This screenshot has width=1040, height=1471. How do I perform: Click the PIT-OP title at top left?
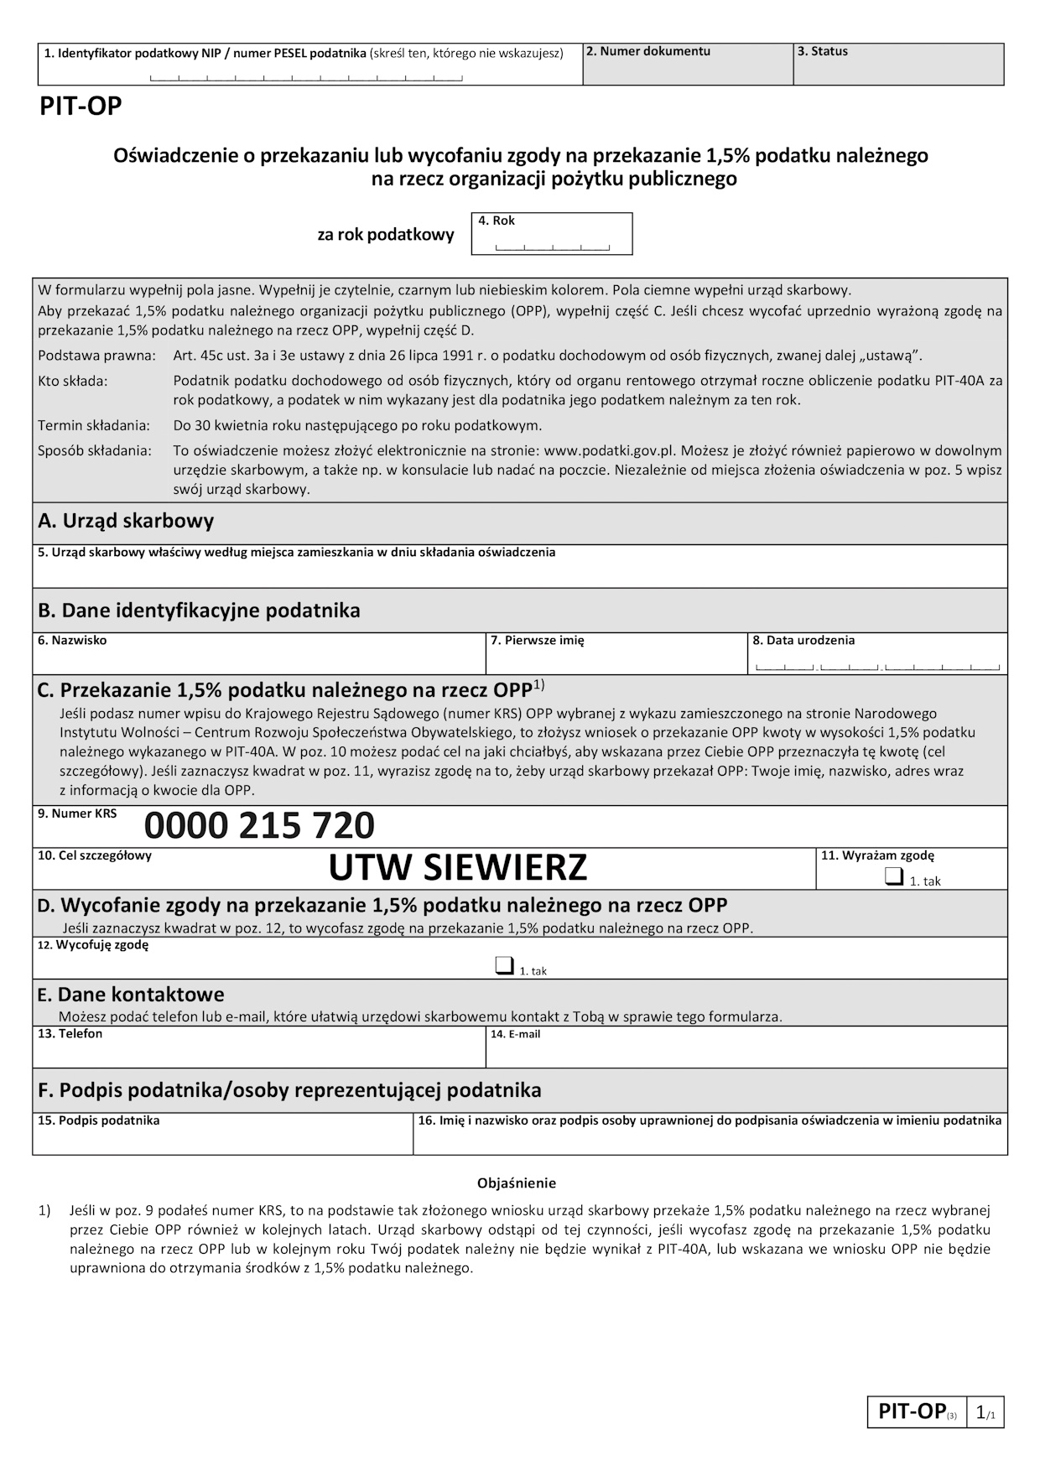pos(81,107)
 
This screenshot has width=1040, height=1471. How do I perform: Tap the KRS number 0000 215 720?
pos(259,826)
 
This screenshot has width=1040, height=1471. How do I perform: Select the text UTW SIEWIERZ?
pos(457,868)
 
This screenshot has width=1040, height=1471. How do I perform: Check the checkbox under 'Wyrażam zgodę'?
pos(893,877)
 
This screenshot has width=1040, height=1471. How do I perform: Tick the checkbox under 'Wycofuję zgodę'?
pos(503,966)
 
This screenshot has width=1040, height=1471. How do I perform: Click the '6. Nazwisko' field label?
pos(72,641)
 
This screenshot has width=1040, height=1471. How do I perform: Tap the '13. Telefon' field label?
pos(70,1034)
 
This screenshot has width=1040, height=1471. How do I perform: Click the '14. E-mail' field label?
pos(515,1034)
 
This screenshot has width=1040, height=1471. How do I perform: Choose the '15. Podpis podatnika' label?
pos(98,1120)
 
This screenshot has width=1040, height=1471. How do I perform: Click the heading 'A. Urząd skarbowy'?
pos(126,521)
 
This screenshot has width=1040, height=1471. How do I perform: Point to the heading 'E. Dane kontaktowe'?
pos(131,995)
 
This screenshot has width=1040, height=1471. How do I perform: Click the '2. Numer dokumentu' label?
pos(648,51)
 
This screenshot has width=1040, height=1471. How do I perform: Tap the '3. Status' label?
pos(822,51)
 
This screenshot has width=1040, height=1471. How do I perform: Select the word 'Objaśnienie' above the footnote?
pos(517,1183)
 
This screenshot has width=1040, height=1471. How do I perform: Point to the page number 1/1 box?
pos(985,1413)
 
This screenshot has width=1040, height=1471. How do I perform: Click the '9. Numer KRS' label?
pos(77,813)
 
